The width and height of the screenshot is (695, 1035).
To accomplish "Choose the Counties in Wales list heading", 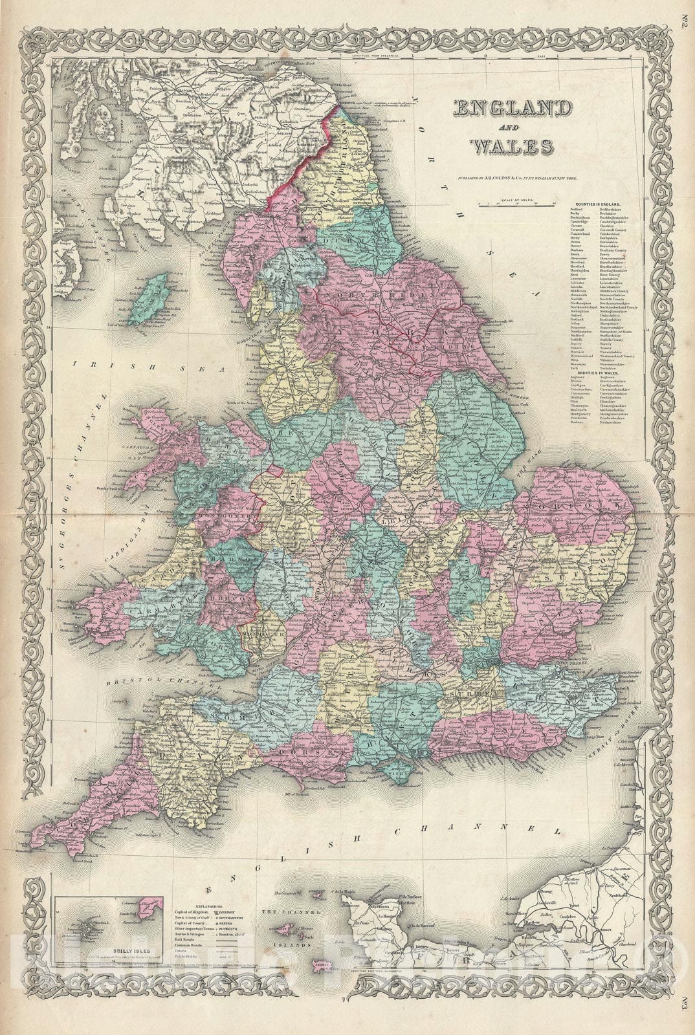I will (x=595, y=375).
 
